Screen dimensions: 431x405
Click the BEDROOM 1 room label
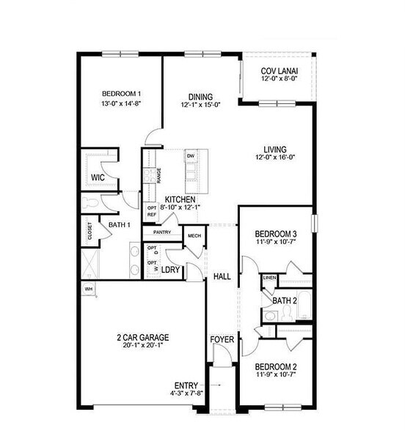pyautogui.click(x=121, y=93)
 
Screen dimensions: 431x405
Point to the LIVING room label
pyautogui.click(x=276, y=149)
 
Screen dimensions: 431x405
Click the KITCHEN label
pyautogui.click(x=180, y=199)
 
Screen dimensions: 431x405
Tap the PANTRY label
pyautogui.click(x=162, y=232)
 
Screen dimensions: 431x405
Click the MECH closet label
pyautogui.click(x=194, y=235)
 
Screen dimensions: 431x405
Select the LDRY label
pyautogui.click(x=172, y=269)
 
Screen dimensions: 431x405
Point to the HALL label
pyautogui.click(x=222, y=276)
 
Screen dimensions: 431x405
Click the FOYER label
pyautogui.click(x=222, y=339)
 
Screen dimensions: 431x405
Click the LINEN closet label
pyautogui.click(x=269, y=279)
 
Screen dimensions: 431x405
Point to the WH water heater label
pyautogui.click(x=89, y=290)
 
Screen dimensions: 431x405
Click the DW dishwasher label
pyautogui.click(x=190, y=156)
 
